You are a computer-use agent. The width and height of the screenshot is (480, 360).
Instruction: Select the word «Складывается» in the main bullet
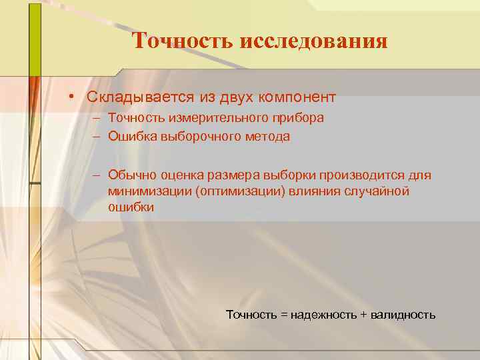[x=140, y=97]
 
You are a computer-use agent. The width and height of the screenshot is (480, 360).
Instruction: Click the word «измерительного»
[x=205, y=117]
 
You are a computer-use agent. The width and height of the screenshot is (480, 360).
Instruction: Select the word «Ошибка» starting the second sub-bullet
[x=129, y=137]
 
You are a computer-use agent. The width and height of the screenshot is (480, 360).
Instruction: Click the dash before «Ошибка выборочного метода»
[x=97, y=137]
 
